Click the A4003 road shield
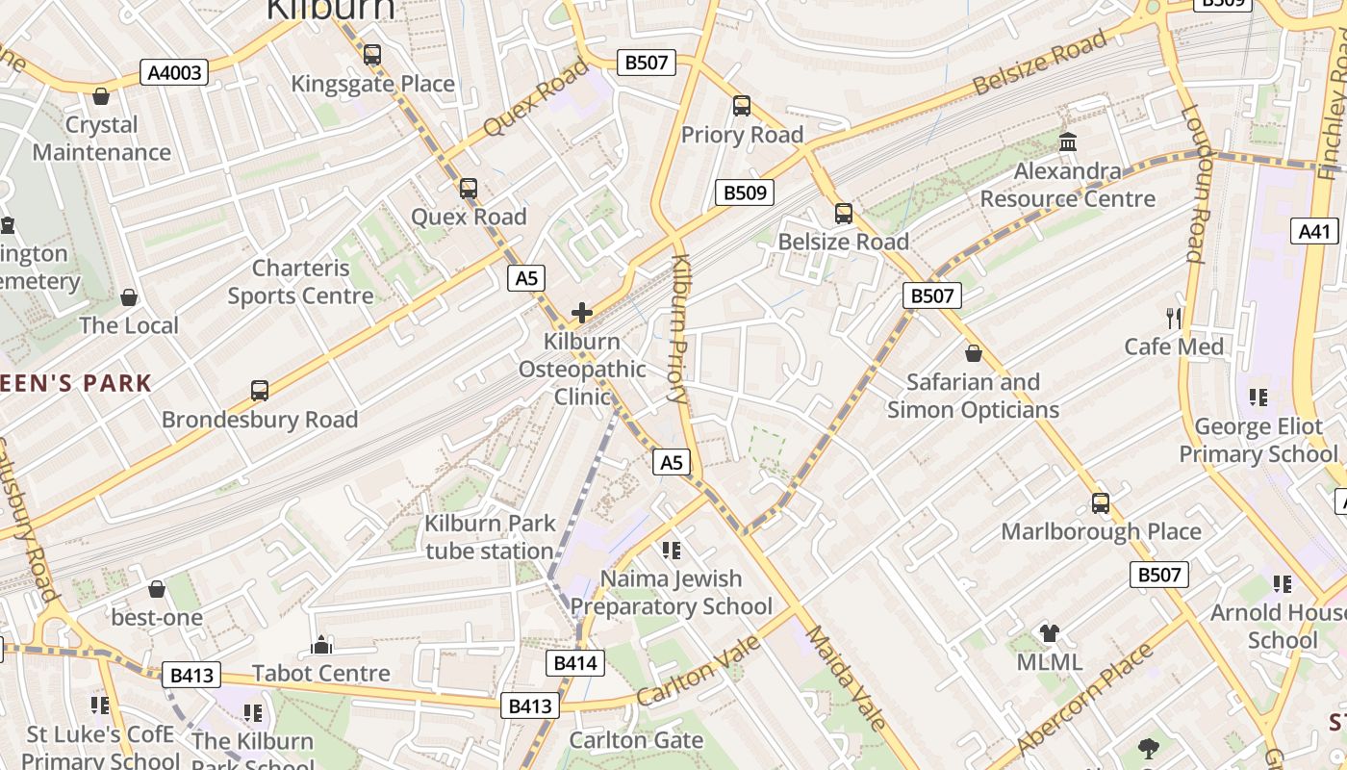click(174, 72)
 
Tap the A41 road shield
click(1313, 231)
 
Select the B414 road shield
click(576, 662)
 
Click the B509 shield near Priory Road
click(745, 192)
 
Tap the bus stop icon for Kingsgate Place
click(372, 55)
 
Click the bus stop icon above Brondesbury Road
click(260, 391)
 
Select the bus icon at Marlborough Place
click(1101, 503)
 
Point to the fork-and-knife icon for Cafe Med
click(1173, 319)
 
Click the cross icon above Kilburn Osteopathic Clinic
click(582, 312)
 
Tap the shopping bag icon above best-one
click(157, 588)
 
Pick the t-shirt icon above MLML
click(1049, 633)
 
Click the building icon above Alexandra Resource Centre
click(1068, 142)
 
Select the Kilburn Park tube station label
click(490, 537)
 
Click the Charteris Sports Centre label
click(300, 282)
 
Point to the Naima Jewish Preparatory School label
click(672, 592)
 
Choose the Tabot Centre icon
click(321, 645)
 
